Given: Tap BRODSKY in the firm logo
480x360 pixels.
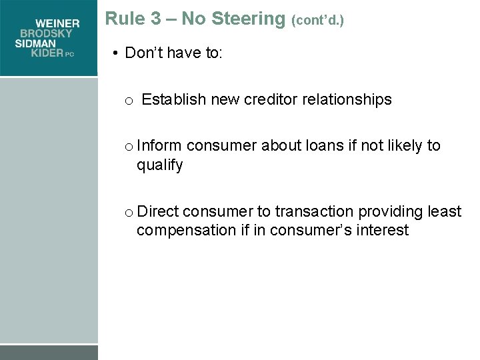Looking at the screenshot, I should [x=50, y=34].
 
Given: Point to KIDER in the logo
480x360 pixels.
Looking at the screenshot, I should [x=47, y=53].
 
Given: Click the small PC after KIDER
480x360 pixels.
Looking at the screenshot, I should [x=69, y=55].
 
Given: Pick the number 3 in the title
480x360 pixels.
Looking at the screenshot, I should [x=156, y=19].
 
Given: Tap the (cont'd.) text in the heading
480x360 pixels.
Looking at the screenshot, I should [x=317, y=20].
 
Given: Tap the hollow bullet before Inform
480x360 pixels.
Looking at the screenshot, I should [x=128, y=147].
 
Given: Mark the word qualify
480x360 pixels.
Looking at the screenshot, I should [x=159, y=165].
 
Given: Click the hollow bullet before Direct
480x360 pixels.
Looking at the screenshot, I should [x=128, y=213].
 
